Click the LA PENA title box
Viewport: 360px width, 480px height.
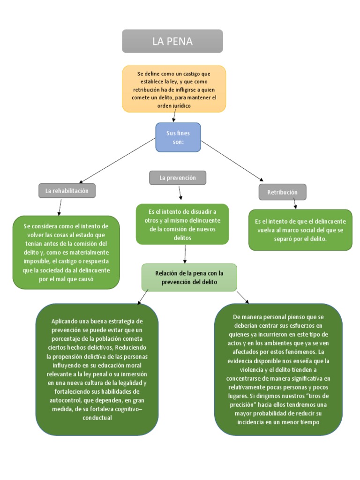pos(172,41)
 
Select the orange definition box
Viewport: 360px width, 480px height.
pos(173,89)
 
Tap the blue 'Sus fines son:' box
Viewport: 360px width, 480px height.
pos(178,137)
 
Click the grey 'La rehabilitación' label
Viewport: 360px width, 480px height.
pos(67,191)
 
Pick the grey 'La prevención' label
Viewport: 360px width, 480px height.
pos(178,178)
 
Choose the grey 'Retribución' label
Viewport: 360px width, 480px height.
pos(282,192)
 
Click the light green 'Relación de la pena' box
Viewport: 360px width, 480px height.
pos(189,277)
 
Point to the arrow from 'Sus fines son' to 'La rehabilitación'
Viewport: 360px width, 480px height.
pos(117,160)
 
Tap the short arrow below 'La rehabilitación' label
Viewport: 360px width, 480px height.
pos(60,206)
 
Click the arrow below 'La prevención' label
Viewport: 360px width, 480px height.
pos(180,193)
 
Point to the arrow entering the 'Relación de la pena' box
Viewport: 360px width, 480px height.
pos(186,254)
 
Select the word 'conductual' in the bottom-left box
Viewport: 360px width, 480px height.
pos(97,418)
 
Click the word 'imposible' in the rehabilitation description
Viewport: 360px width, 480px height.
pos(64,261)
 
